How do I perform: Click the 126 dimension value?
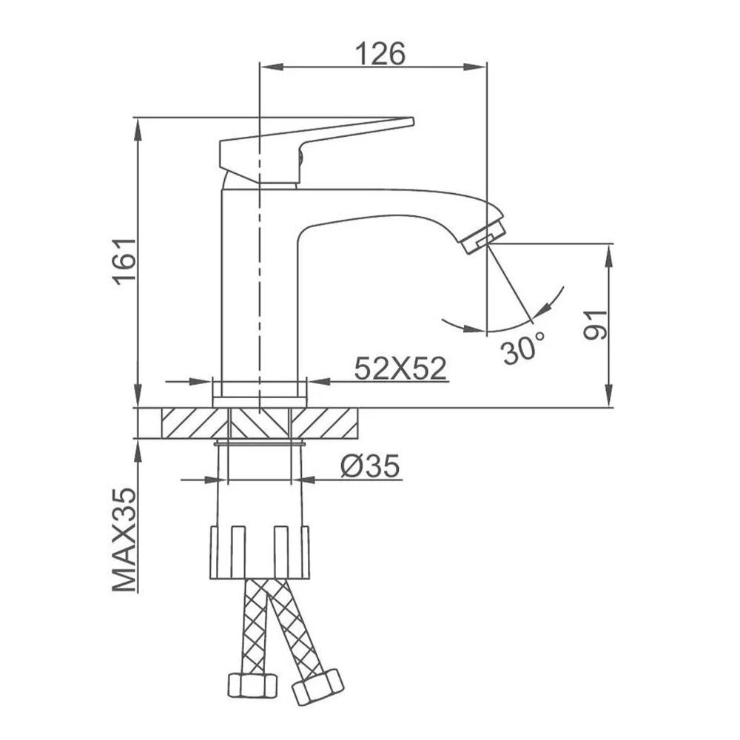tap(380, 54)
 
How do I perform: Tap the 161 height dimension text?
tap(124, 261)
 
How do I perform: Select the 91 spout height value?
tap(595, 325)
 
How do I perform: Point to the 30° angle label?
tap(523, 349)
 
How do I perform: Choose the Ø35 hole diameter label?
tap(370, 466)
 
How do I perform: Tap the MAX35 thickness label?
tap(124, 539)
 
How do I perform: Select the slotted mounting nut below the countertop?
tap(260, 552)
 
